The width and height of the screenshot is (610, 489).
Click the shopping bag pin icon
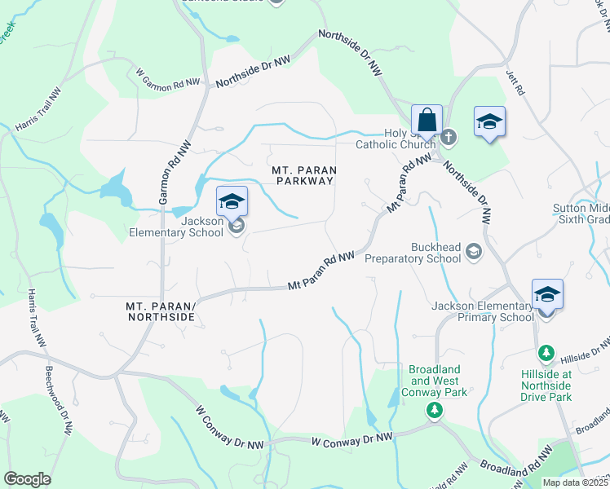427,120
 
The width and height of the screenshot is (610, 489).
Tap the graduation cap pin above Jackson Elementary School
232,200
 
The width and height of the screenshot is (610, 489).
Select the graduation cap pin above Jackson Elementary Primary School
546,294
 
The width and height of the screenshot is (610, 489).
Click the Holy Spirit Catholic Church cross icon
449,135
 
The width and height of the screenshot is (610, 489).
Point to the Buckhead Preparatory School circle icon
473,253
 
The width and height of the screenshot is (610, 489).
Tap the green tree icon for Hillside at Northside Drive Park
546,354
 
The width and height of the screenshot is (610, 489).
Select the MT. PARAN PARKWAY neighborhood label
303,174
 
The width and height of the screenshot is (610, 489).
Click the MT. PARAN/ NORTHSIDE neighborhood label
161,311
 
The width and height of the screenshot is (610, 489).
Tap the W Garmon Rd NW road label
168,79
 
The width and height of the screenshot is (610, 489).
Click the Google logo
27,479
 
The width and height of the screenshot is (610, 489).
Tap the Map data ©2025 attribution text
576,482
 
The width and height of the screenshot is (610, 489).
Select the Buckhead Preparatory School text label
414,253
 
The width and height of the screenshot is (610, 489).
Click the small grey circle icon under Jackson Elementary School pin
236,227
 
